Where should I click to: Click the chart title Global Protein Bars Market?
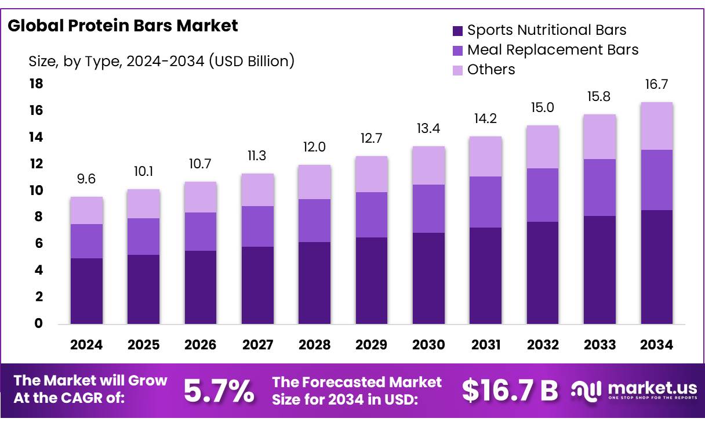(123, 26)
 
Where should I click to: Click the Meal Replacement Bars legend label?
(553, 50)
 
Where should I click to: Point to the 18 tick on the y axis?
(36, 84)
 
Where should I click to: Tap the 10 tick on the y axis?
(36, 190)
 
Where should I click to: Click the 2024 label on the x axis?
(86, 345)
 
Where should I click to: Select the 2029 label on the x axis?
(372, 345)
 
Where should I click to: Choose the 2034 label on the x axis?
(657, 345)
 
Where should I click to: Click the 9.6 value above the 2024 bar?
(86, 179)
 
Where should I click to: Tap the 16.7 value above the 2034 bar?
(657, 85)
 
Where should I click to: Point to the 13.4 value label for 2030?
(428, 128)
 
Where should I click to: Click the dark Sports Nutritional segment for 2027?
(258, 285)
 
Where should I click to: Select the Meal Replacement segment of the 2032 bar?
(543, 195)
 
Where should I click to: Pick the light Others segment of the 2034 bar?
(657, 126)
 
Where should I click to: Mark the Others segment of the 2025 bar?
(143, 204)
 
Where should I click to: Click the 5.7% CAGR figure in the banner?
(219, 391)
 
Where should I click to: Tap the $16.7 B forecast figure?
(510, 391)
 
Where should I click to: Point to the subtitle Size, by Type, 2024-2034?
(162, 60)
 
